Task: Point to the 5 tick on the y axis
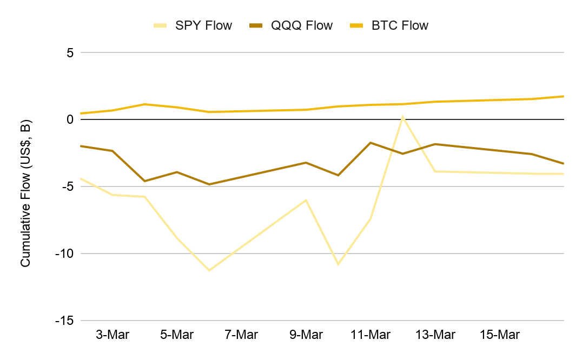[x=70, y=52]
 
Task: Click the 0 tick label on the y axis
[x=70, y=119]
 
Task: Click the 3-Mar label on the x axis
[x=113, y=335]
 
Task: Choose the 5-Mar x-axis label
[x=177, y=335]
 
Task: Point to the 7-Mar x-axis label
[x=241, y=335]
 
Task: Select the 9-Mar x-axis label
[x=306, y=335]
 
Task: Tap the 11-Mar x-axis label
[x=371, y=335]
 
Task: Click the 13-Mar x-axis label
[x=435, y=335]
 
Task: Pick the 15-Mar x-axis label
[x=500, y=335]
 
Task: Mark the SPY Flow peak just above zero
[x=403, y=116]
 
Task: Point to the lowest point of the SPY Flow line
[x=209, y=270]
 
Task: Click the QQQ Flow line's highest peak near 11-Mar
[x=371, y=143]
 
